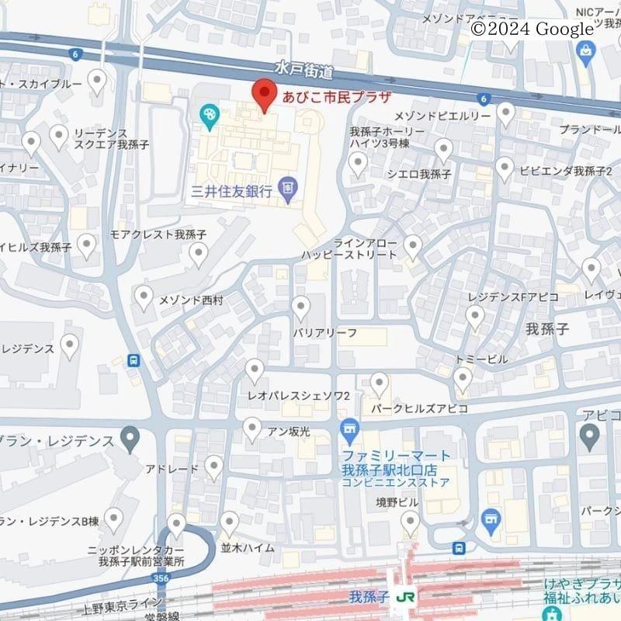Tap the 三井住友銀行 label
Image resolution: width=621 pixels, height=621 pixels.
point(232,190)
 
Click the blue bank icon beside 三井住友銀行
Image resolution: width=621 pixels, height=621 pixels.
point(289,188)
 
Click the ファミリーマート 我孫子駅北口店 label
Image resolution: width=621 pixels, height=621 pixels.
point(396,463)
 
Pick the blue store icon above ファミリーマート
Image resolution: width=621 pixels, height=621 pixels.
point(350,428)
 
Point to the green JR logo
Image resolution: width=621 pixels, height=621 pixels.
point(404,598)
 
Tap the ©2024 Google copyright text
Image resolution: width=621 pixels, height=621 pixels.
point(532,29)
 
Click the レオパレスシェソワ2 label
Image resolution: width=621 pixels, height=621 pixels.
point(299,396)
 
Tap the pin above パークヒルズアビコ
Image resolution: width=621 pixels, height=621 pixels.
point(379,383)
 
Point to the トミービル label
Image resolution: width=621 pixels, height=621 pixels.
point(482,359)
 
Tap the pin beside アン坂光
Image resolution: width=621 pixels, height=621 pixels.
point(252,428)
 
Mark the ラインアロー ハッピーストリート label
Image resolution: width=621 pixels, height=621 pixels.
point(351,248)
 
